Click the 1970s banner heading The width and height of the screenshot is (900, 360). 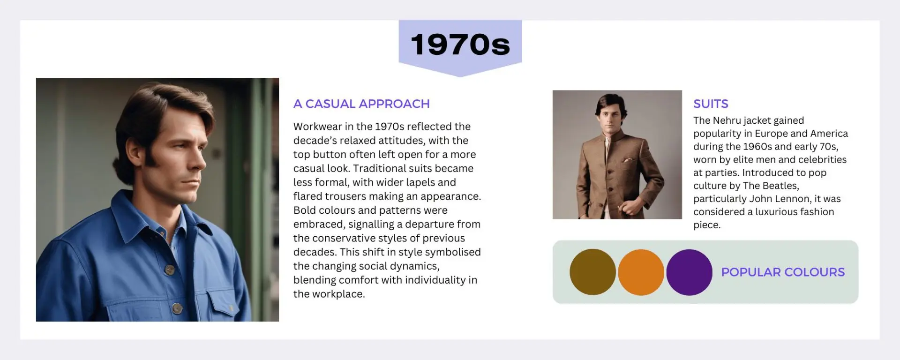click(460, 45)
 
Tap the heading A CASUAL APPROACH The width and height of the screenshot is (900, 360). click(361, 104)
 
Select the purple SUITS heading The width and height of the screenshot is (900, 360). click(711, 104)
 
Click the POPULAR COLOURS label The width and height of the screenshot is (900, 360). click(783, 272)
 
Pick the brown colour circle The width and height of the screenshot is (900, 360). click(592, 272)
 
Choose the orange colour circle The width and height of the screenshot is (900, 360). click(641, 272)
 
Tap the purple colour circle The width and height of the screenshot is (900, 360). click(689, 272)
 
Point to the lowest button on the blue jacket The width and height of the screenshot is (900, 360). click(177, 308)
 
